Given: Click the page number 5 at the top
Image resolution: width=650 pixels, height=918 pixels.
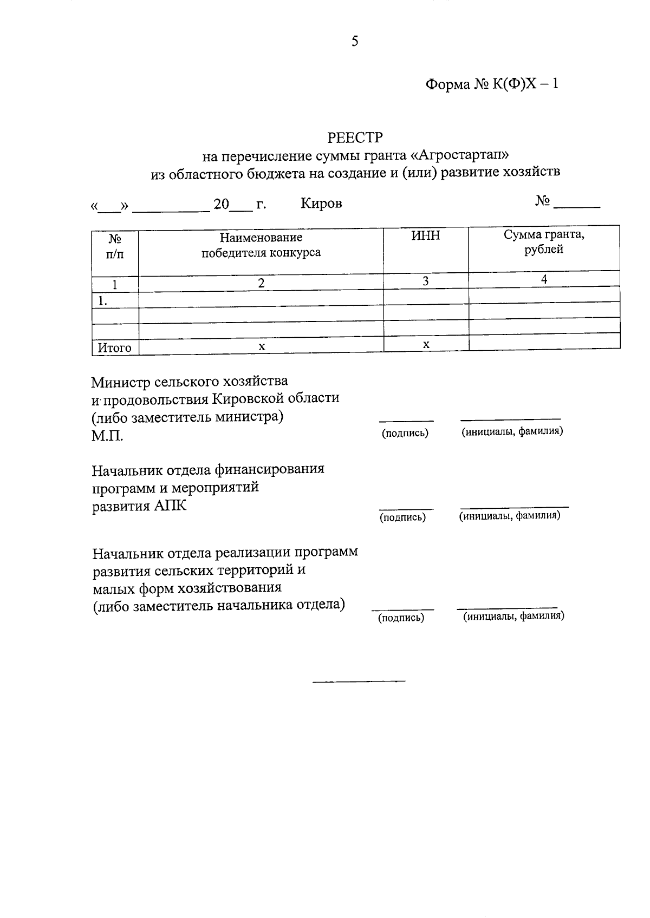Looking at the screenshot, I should pyautogui.click(x=355, y=42).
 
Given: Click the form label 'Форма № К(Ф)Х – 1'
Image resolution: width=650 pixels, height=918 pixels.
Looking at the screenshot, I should pyautogui.click(x=491, y=84).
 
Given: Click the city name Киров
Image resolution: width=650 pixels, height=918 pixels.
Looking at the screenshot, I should pyautogui.click(x=321, y=204).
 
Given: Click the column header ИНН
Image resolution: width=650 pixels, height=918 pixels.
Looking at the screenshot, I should pyautogui.click(x=426, y=235).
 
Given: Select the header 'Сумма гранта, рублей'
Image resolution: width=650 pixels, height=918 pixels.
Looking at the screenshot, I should pyautogui.click(x=544, y=242).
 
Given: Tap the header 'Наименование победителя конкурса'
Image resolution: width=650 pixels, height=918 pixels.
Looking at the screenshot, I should pyautogui.click(x=261, y=245).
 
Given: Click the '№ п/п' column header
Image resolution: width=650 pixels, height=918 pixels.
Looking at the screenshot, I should pyautogui.click(x=115, y=246).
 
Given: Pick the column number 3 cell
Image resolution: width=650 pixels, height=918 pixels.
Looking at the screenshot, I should pyautogui.click(x=426, y=281).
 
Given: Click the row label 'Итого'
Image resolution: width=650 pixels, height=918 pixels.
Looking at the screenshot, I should pyautogui.click(x=114, y=348).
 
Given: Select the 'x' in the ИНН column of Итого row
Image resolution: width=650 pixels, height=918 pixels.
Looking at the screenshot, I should pyautogui.click(x=426, y=344).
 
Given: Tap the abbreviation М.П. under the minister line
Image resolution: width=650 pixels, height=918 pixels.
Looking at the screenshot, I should pyautogui.click(x=107, y=436).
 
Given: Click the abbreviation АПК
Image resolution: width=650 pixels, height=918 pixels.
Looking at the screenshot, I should pyautogui.click(x=170, y=506).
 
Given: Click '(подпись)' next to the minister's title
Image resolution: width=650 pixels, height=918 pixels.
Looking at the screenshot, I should pyautogui.click(x=405, y=433).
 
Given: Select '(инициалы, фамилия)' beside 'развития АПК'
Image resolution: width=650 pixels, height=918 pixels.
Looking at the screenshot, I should pyautogui.click(x=510, y=516).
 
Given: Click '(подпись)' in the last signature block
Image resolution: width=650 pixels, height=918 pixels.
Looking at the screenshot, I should pyautogui.click(x=401, y=618).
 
